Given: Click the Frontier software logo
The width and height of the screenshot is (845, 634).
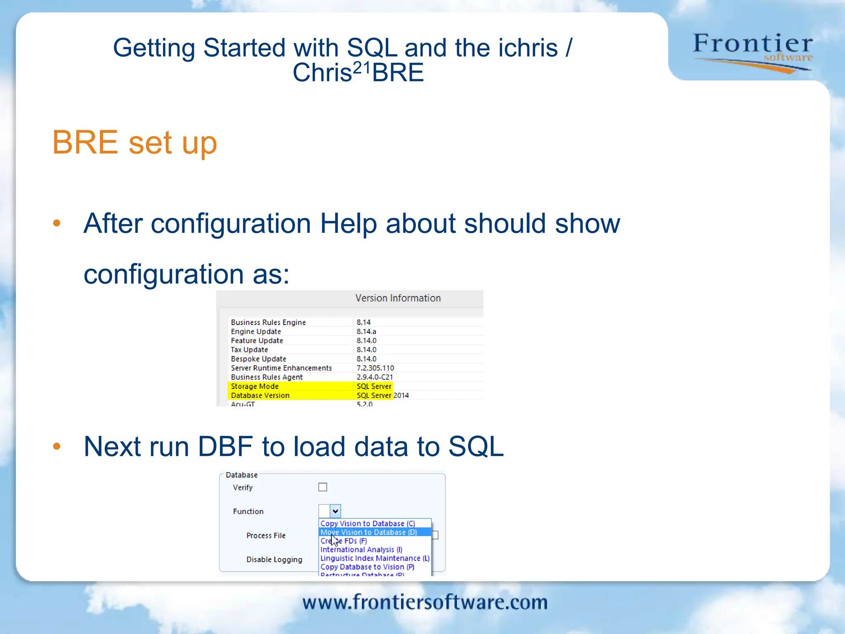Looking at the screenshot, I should (x=752, y=52).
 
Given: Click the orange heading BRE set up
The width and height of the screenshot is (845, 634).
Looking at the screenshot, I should (x=135, y=142).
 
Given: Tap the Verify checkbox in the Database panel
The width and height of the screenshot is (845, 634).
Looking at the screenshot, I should (x=323, y=487).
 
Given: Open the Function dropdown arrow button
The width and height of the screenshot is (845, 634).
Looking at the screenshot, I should (x=335, y=511).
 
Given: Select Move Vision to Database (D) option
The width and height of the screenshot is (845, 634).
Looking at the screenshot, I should (x=368, y=532).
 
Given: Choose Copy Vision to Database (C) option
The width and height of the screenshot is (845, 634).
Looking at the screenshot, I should (x=367, y=523).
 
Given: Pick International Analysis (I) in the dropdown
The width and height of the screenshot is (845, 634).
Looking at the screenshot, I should (x=361, y=549).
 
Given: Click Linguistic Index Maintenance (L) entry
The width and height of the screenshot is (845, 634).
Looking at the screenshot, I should (x=375, y=558).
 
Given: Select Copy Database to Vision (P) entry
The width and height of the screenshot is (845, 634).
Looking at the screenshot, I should (x=367, y=567).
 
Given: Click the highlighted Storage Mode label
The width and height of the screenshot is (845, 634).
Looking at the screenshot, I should (x=255, y=386).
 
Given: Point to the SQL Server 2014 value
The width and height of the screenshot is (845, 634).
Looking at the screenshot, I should (x=382, y=395).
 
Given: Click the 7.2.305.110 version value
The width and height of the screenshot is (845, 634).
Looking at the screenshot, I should (x=375, y=368).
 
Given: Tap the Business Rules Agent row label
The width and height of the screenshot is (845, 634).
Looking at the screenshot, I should (x=267, y=377).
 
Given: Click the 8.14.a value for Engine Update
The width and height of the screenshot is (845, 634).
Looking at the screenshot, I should (x=366, y=331).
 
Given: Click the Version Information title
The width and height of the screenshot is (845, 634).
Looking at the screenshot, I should (x=398, y=298).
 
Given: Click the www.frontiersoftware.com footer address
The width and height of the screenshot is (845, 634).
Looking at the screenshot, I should (x=425, y=602).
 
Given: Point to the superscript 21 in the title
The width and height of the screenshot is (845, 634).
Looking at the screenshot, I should (x=362, y=67).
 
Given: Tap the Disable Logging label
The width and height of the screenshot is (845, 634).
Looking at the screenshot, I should (x=274, y=559).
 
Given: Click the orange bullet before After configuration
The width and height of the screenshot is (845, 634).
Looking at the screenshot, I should (x=57, y=223).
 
